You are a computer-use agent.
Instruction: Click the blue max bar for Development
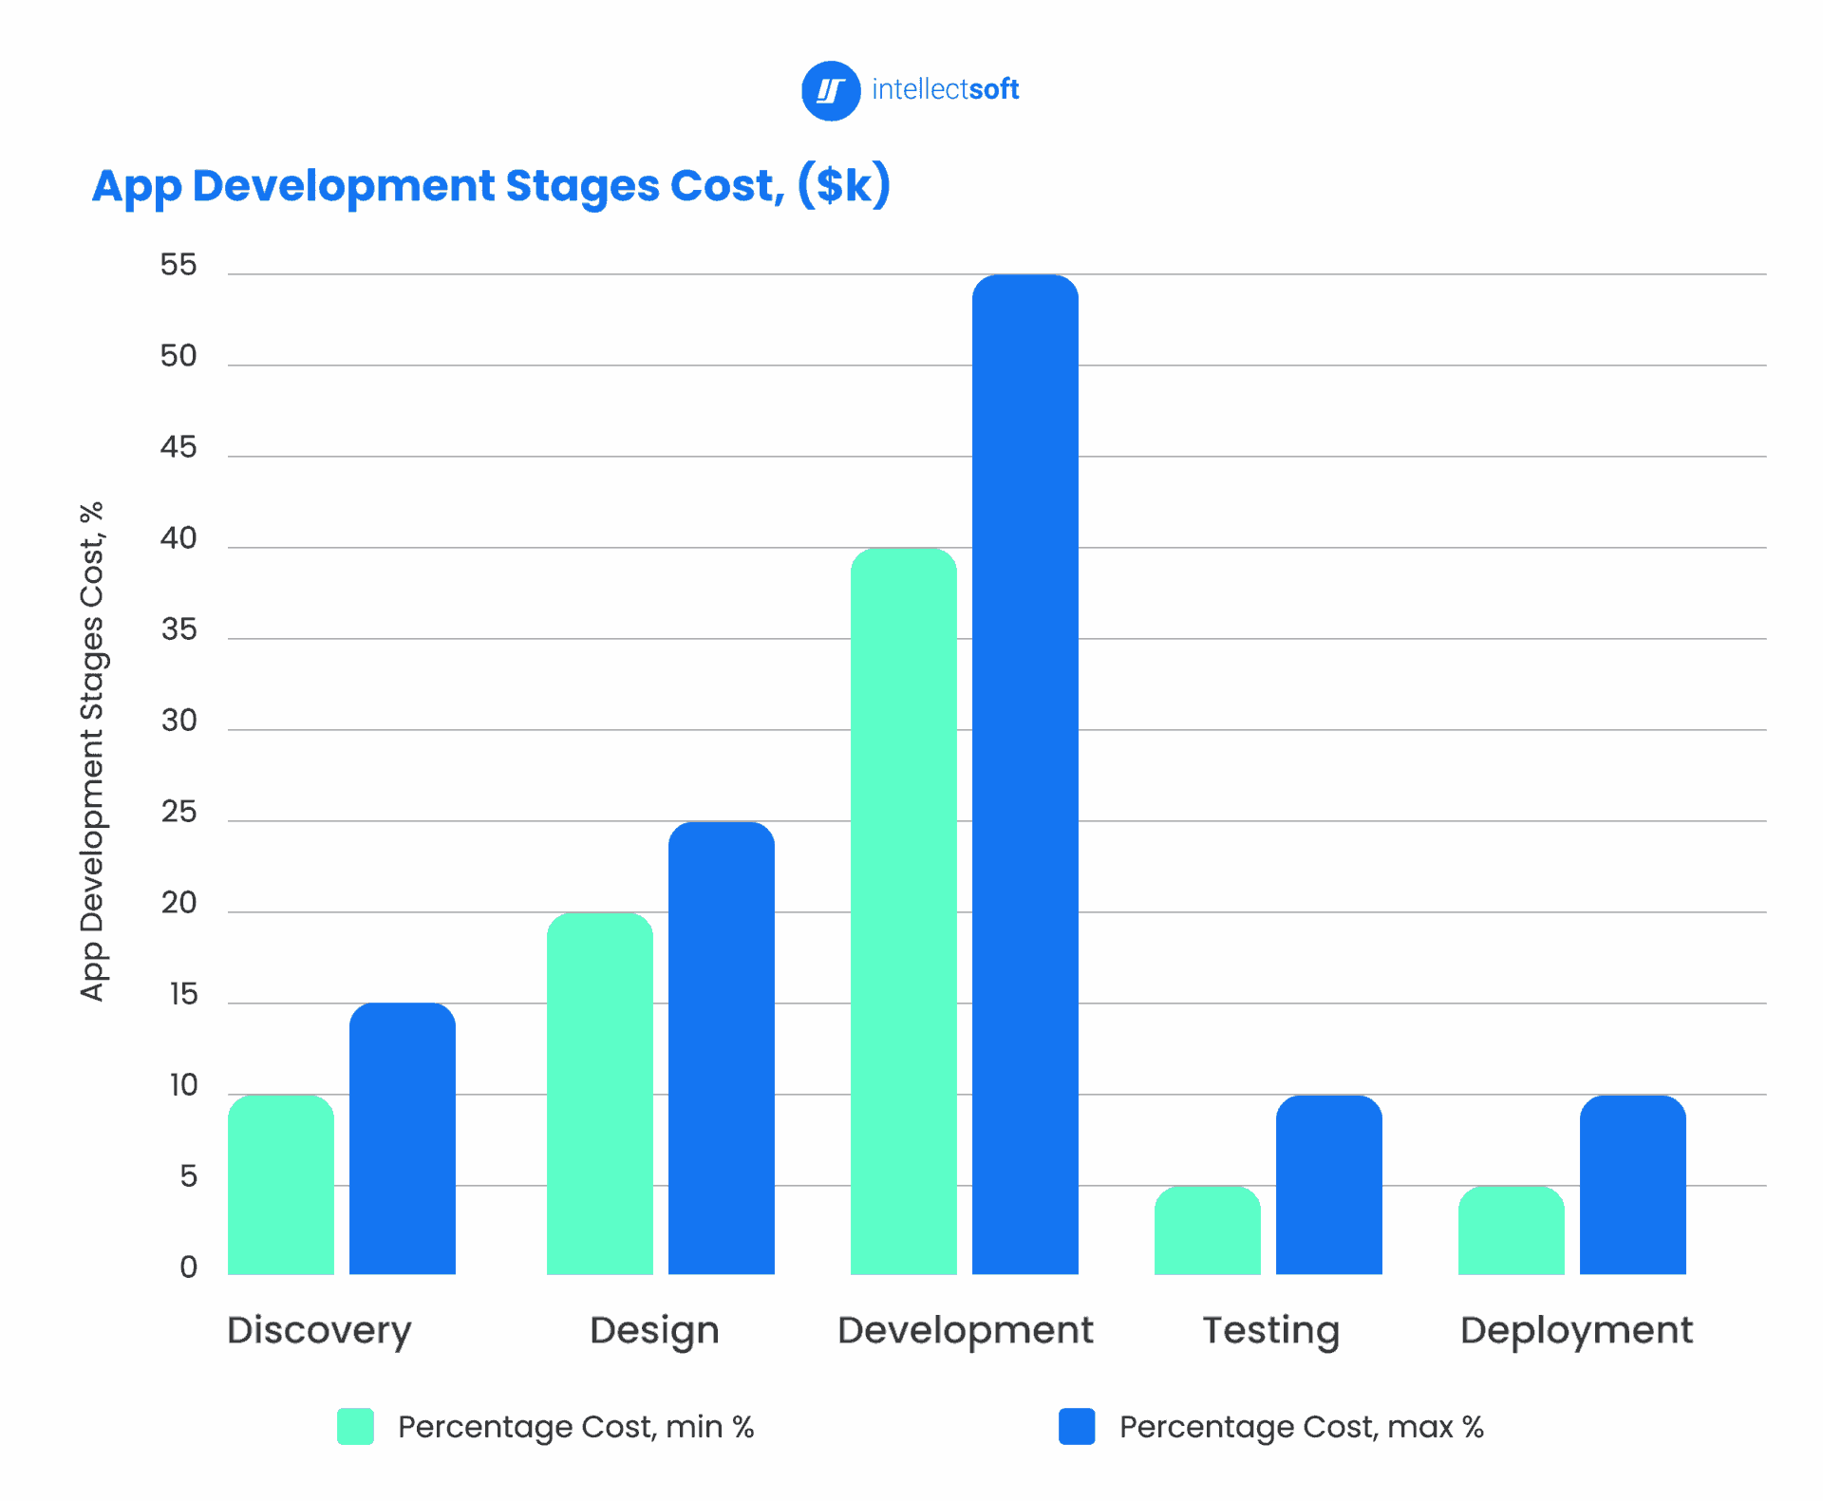1024,774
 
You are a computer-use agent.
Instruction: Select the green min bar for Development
903,911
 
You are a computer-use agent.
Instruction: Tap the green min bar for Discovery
281,1184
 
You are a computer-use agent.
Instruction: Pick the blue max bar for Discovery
402,1138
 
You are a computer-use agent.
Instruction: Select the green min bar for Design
599,1093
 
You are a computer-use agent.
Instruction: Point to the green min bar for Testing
1207,1229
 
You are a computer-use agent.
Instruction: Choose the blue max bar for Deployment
1632,1184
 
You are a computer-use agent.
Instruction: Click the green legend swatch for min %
355,1426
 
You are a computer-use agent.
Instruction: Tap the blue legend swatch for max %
1077,1426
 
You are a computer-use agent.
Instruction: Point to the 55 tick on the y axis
179,265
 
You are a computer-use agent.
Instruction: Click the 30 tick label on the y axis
179,721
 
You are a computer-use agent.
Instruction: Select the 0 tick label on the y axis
188,1267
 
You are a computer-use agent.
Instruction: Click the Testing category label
1270,1331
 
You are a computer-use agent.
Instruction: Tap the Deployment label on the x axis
1576,1331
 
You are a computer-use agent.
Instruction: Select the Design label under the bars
654,1331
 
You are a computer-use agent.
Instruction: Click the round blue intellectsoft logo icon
831,91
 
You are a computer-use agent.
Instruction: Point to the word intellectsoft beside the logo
945,89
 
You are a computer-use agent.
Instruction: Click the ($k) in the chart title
843,185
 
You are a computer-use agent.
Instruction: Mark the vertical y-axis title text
92,751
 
